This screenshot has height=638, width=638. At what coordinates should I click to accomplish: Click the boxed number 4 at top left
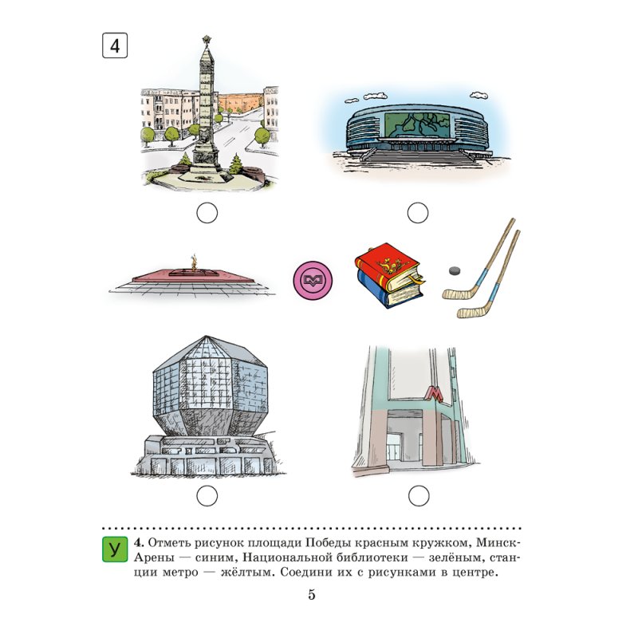click(x=115, y=45)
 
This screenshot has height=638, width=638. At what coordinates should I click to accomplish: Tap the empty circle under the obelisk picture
click(x=207, y=213)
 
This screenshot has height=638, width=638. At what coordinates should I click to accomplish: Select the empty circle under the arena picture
click(x=418, y=213)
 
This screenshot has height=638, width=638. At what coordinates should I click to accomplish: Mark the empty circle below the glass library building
click(x=207, y=496)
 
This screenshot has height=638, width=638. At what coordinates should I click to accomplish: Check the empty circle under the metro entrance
click(x=419, y=496)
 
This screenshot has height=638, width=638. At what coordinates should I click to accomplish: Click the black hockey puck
click(x=455, y=270)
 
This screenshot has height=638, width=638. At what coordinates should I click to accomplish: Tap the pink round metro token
click(x=313, y=281)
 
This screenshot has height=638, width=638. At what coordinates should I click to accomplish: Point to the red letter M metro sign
click(x=434, y=393)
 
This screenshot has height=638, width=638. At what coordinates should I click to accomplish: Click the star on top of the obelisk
click(x=207, y=40)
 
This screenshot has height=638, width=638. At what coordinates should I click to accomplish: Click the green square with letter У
click(x=115, y=549)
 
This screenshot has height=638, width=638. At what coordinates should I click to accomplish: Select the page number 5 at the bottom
click(x=312, y=595)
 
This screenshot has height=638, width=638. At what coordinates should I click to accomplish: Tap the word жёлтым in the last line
click(x=244, y=573)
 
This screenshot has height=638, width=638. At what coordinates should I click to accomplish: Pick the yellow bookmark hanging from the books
click(x=416, y=280)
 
